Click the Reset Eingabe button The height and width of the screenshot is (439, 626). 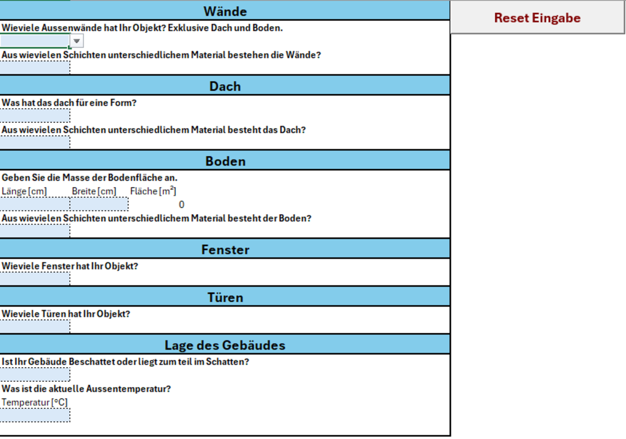click(537, 18)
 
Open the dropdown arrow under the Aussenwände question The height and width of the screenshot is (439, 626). click(77, 41)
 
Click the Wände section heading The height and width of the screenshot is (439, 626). click(225, 11)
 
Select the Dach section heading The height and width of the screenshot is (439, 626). click(225, 86)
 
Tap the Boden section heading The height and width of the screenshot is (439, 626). click(225, 161)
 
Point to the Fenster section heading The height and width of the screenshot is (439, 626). click(225, 249)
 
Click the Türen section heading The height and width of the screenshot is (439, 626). click(225, 297)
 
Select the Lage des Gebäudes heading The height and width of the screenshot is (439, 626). click(225, 345)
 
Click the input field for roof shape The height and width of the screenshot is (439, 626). click(35, 116)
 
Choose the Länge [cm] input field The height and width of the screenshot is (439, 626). click(35, 204)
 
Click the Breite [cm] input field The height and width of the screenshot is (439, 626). click(99, 204)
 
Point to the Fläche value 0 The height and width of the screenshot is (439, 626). click(181, 205)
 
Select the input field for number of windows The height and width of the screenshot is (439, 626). click(35, 279)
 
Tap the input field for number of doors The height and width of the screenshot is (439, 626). click(35, 327)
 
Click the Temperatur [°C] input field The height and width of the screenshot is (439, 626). click(35, 415)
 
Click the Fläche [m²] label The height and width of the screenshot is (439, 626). click(153, 191)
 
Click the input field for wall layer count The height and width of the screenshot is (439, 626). click(35, 68)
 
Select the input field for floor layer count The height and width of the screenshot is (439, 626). click(35, 231)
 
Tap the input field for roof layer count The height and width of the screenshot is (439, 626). click(35, 143)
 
